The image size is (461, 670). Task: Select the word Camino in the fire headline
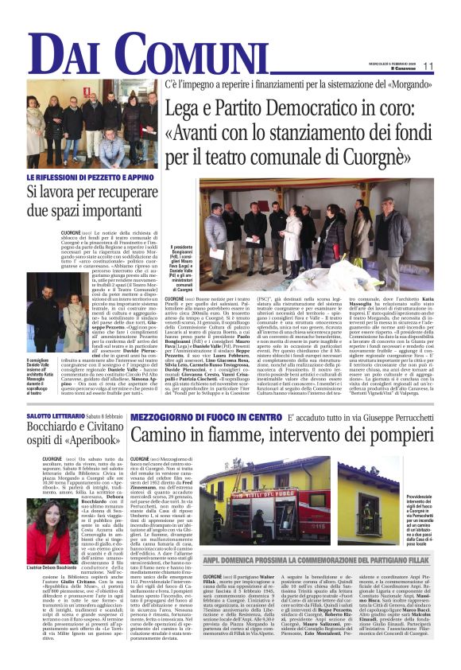click(159, 434)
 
